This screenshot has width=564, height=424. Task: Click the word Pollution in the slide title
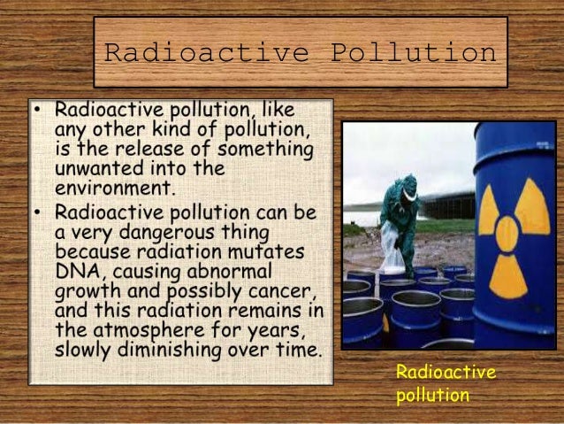click(413, 53)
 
